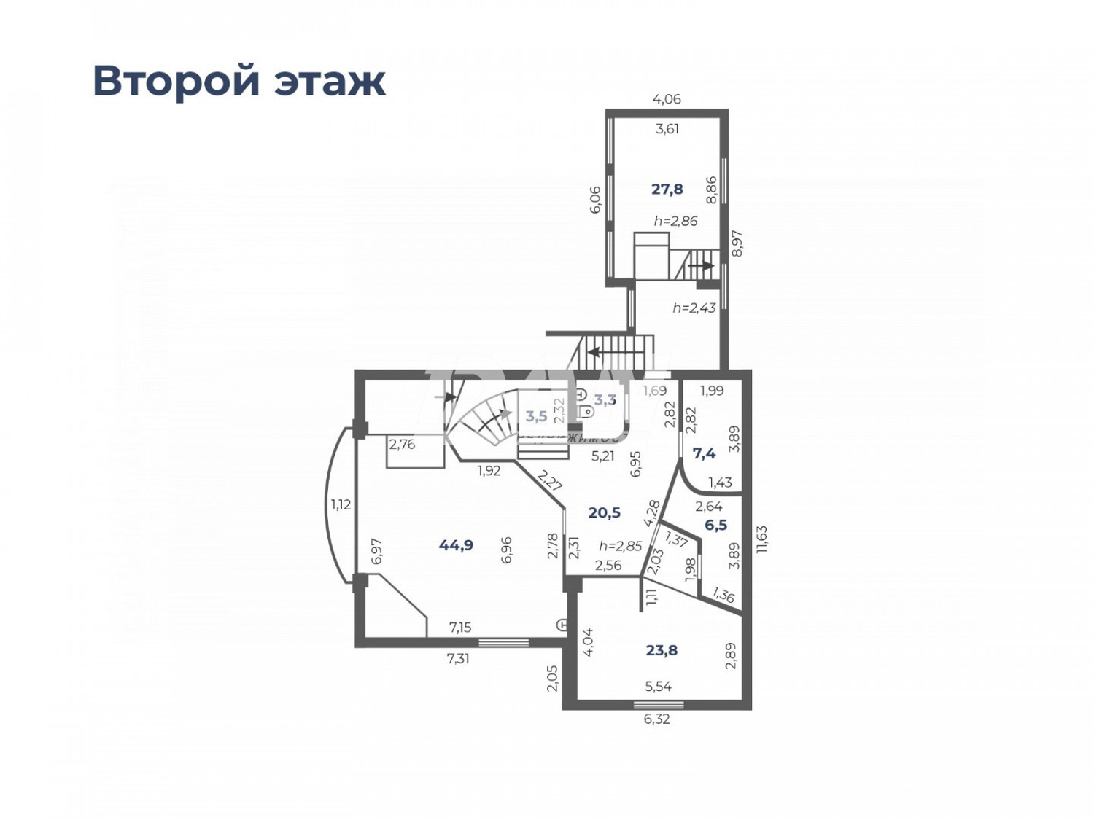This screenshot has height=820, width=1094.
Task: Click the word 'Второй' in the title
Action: point(176,80)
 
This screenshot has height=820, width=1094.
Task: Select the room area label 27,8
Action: point(667,190)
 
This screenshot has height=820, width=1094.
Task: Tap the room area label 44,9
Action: point(456,545)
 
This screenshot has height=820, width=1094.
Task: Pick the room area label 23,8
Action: point(662,650)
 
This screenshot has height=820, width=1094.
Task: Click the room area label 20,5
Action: point(604,513)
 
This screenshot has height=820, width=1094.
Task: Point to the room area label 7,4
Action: point(704,453)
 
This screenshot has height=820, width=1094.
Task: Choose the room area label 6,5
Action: point(715,525)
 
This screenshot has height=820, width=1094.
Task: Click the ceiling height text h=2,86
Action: point(675,221)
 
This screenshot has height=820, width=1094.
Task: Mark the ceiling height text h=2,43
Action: point(694,308)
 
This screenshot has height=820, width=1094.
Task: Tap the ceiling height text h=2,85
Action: point(620,546)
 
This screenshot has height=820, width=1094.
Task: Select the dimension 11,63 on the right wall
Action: point(762,539)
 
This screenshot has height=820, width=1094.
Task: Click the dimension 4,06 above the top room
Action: point(667,99)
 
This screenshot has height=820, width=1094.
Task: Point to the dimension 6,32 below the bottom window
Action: point(656,719)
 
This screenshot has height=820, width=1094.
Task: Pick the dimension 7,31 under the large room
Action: point(458,658)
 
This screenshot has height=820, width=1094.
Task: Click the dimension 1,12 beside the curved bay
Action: point(341,504)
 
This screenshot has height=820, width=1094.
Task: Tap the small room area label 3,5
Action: point(536,416)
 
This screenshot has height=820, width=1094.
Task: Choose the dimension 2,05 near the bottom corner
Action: point(552,678)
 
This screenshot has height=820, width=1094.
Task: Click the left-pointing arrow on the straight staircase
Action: point(594,353)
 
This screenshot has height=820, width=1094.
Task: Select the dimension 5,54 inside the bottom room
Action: point(658,686)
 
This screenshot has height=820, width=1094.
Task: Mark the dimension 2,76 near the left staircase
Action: point(402,444)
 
